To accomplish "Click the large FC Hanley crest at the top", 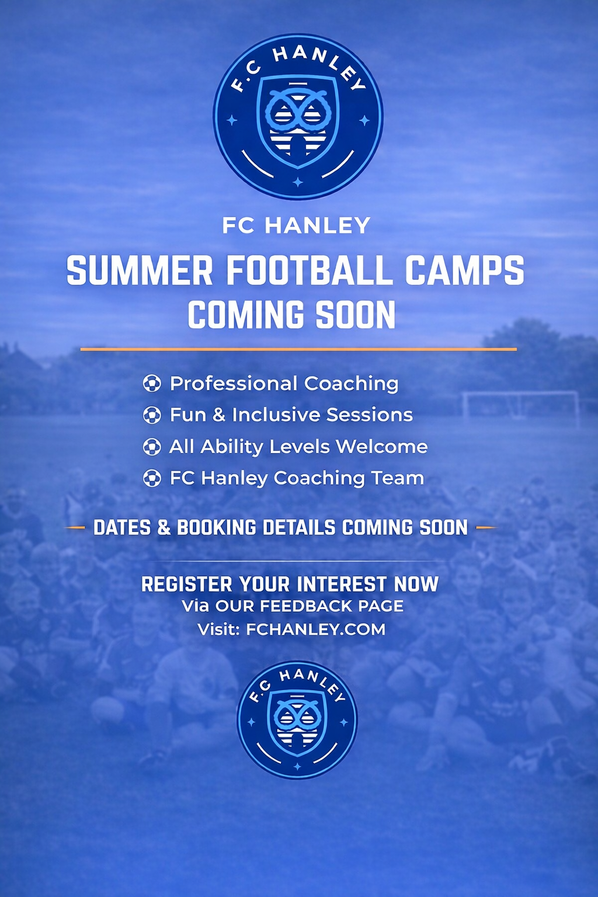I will point(298,117).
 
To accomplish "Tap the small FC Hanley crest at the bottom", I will point(297,719).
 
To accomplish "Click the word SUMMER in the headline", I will point(140,271).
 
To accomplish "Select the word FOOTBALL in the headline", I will point(309,271).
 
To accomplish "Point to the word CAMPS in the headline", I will point(464,271).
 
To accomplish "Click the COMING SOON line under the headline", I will point(291,315).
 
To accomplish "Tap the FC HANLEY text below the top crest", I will point(296,225).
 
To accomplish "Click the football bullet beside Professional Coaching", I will point(152,384).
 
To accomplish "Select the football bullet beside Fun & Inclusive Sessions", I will point(152,415).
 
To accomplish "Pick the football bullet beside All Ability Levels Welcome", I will point(152,447).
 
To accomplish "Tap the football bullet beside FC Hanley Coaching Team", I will point(152,479).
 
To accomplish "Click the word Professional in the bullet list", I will point(233,384).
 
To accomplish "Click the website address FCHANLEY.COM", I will point(315,630).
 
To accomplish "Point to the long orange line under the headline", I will point(298,349).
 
